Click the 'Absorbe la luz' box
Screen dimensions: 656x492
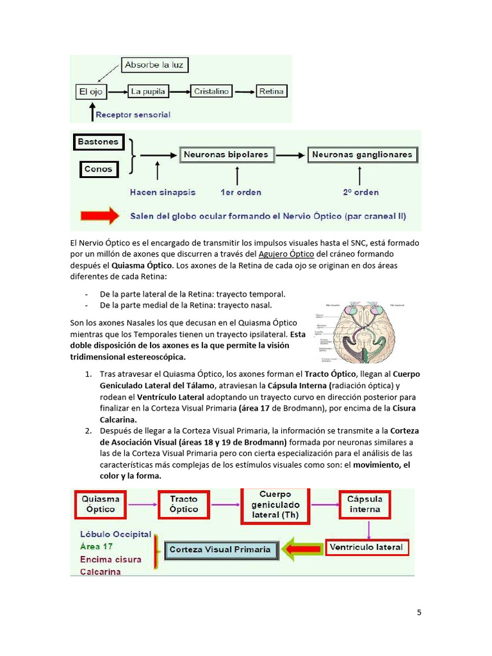pyautogui.click(x=155, y=65)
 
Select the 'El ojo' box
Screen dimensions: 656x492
pyautogui.click(x=91, y=92)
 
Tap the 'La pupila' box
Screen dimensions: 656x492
pyautogui.click(x=148, y=92)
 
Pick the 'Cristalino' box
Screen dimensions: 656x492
pyautogui.click(x=211, y=92)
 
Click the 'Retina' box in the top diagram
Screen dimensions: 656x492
pyautogui.click(x=272, y=92)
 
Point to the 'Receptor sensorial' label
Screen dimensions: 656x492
pyautogui.click(x=133, y=115)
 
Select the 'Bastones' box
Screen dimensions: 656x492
pyautogui.click(x=98, y=142)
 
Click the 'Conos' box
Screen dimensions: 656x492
pyautogui.click(x=98, y=170)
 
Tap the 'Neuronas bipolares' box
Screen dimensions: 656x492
pyautogui.click(x=226, y=155)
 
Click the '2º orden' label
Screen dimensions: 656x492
pyautogui.click(x=360, y=192)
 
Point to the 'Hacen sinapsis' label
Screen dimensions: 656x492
pyautogui.click(x=163, y=192)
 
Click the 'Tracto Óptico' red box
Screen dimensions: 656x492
pyautogui.click(x=184, y=504)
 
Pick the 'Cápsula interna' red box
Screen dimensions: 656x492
pyautogui.click(x=365, y=504)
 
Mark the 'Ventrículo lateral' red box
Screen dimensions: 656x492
pyautogui.click(x=366, y=548)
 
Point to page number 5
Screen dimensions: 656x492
pyautogui.click(x=419, y=612)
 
